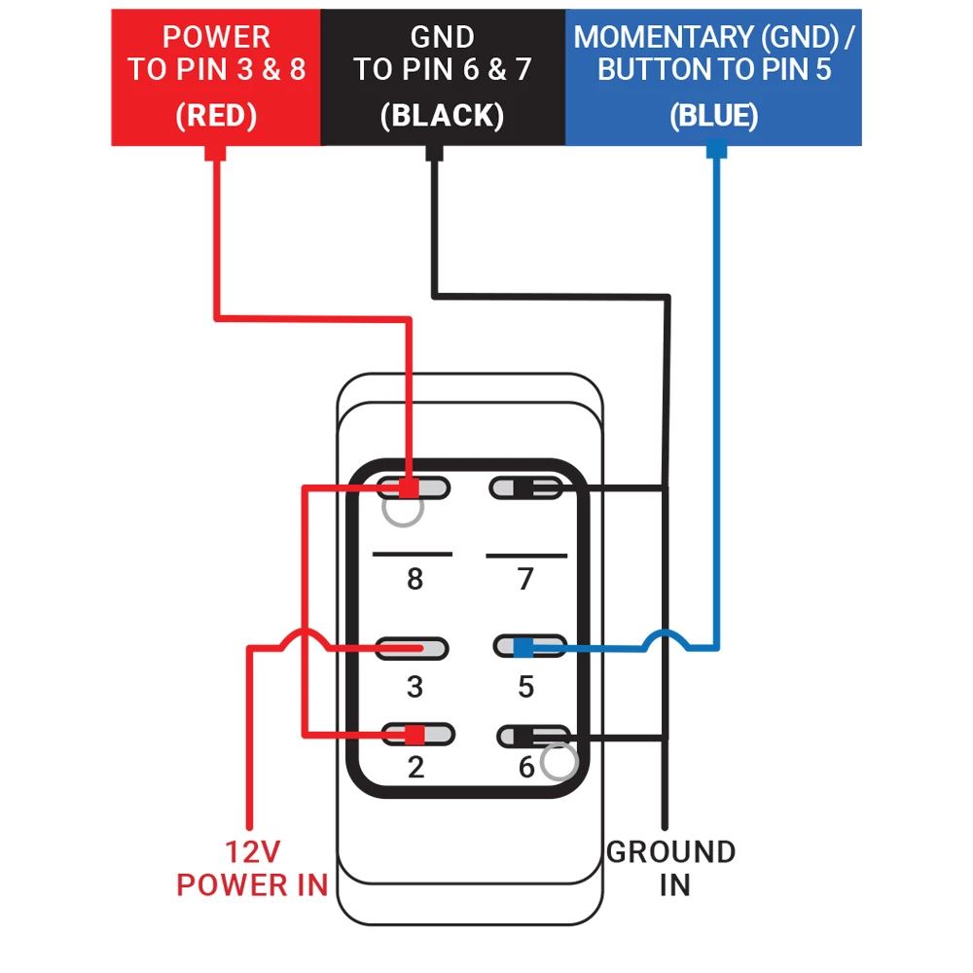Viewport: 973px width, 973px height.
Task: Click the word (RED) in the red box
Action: pos(216,116)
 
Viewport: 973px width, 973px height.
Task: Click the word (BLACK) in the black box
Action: pos(443,116)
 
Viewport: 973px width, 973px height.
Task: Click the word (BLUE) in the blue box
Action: pos(713,116)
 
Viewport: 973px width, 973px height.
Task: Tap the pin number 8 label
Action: pos(414,580)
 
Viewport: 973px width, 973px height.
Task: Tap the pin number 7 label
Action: pos(525,580)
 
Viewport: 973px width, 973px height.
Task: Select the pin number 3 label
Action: pos(414,687)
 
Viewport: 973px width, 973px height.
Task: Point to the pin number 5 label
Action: pos(525,687)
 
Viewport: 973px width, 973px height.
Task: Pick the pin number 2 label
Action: pos(415,768)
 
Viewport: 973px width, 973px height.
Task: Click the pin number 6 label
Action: pos(526,768)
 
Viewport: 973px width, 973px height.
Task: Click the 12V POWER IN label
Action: pos(252,869)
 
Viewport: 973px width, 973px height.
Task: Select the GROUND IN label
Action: pos(671,868)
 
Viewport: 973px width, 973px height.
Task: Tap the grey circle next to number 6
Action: pos(559,764)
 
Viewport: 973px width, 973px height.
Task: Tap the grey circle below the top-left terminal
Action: pos(403,509)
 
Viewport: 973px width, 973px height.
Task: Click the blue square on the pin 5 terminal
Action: pos(523,647)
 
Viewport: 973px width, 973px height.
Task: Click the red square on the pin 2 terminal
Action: pos(414,734)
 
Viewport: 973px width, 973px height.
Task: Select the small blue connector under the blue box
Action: pos(716,152)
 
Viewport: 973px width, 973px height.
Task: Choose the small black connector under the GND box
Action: pos(434,152)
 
